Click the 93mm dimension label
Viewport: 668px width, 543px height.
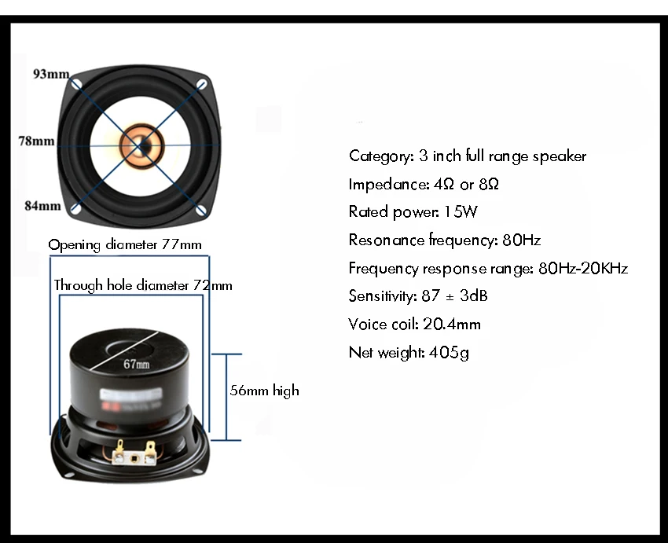coord(51,74)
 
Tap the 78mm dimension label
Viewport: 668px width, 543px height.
coord(37,141)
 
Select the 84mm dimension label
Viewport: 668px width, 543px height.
coord(42,206)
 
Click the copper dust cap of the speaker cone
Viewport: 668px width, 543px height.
coord(141,145)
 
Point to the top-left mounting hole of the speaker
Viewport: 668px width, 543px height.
coord(77,83)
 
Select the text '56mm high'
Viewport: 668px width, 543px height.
coord(264,390)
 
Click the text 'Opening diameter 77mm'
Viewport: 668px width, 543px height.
coord(125,244)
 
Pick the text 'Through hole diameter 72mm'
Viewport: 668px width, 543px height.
coord(143,285)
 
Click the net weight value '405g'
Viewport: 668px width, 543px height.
coord(449,352)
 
